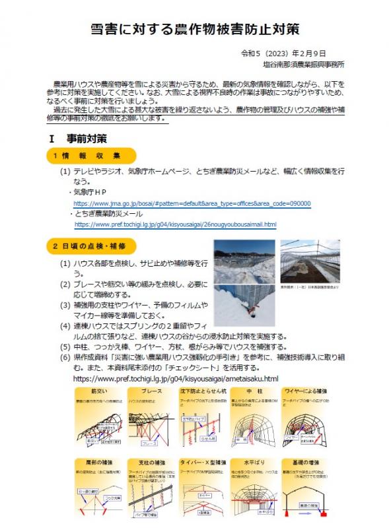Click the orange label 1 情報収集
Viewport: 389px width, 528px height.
pos(87,156)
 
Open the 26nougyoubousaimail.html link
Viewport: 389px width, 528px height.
pos(175,224)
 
